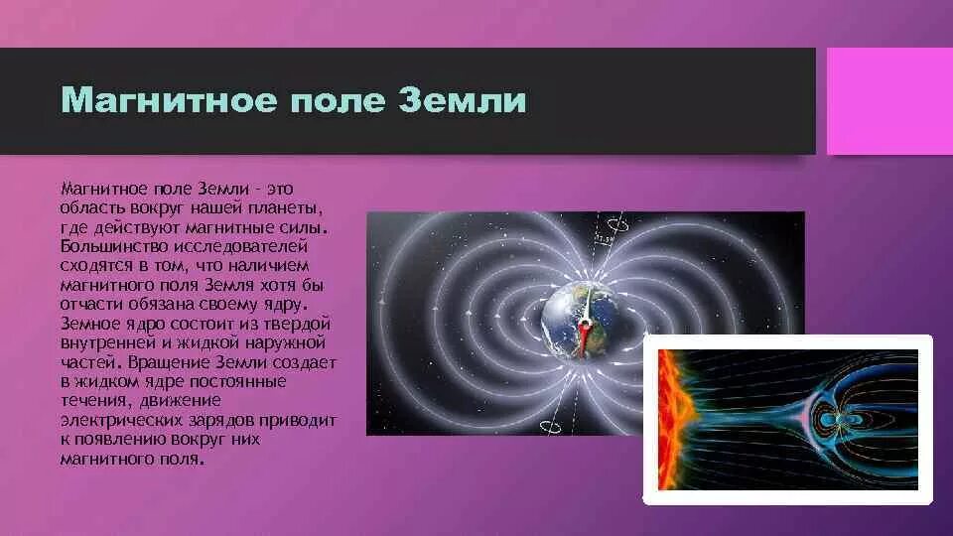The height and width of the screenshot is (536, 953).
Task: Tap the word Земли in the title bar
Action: pos(463,100)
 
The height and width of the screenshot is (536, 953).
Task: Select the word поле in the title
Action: pos(338,101)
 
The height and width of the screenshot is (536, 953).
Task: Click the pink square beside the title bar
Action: pos(889,101)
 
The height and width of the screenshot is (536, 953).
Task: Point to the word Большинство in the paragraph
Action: pos(114,247)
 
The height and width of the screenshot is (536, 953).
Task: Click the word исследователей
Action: pos(240,247)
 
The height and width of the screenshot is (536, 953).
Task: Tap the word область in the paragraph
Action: pos(92,208)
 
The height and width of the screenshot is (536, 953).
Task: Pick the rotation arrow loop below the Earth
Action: pos(551,426)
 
